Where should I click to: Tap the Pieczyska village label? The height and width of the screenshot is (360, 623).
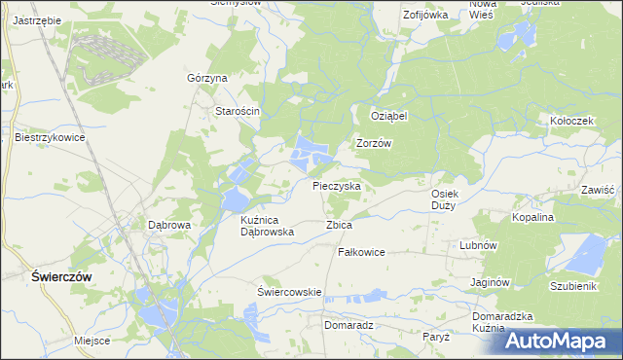(337, 185)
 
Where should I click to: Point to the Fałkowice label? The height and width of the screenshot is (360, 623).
(361, 252)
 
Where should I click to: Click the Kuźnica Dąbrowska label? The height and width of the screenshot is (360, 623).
(267, 227)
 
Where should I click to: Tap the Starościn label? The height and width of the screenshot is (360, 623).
(238, 111)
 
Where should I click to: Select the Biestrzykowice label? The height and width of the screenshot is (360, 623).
(51, 138)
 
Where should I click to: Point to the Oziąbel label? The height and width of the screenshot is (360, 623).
(388, 115)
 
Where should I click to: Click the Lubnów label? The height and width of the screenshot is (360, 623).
(479, 246)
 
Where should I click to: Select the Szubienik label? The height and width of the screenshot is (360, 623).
(572, 287)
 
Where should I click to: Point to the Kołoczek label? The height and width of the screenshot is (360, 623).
(571, 122)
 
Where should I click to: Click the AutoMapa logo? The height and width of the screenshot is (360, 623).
(563, 341)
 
